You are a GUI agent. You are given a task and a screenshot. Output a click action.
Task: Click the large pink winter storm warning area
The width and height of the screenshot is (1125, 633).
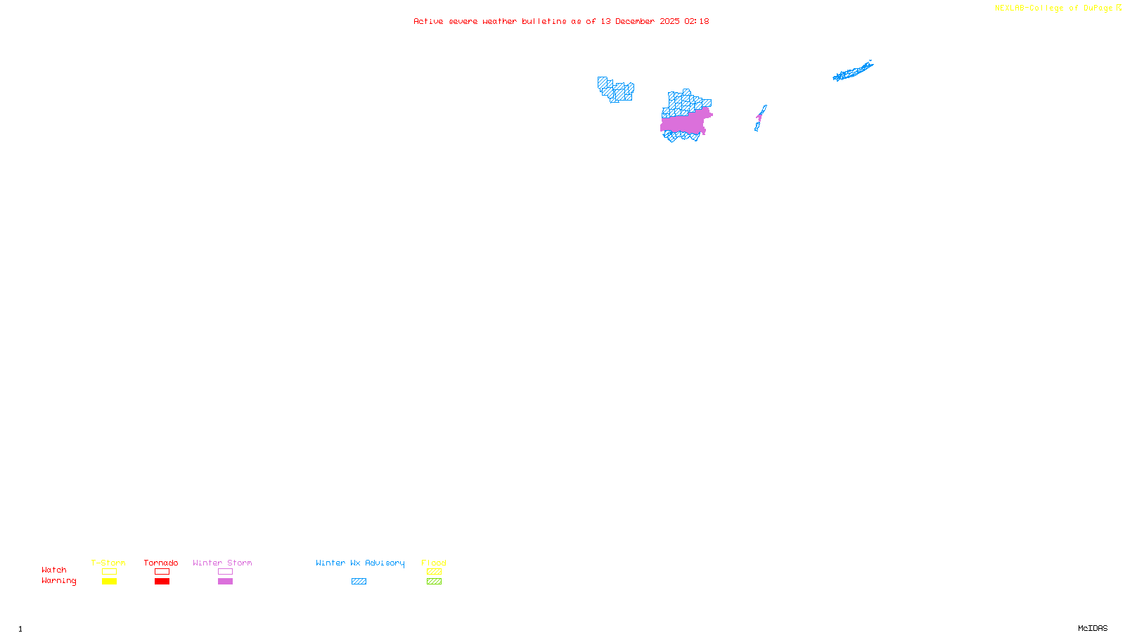[683, 124]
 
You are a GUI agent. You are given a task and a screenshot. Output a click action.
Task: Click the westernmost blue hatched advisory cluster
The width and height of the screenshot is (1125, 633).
[615, 90]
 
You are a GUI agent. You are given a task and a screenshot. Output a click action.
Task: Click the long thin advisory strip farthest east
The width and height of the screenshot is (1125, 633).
[853, 71]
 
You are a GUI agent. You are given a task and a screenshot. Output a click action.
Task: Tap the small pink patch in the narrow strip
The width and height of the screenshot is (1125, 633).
[759, 116]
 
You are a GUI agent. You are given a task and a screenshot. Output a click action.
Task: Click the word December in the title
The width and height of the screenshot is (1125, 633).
[635, 21]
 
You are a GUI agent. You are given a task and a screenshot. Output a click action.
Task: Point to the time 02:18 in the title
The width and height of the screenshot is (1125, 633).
[696, 21]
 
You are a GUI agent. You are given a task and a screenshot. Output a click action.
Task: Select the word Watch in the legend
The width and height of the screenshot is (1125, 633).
[54, 570]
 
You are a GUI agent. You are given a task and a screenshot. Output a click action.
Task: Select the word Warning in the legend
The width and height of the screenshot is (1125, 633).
[58, 581]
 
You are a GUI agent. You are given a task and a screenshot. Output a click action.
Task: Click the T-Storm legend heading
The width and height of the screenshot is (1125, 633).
[108, 563]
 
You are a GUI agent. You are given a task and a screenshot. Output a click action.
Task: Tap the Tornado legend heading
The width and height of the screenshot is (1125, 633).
[161, 563]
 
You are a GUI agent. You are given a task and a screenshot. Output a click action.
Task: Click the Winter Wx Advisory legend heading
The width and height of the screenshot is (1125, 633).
[360, 563]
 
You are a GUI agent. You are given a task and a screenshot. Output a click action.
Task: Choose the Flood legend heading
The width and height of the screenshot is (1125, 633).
[434, 563]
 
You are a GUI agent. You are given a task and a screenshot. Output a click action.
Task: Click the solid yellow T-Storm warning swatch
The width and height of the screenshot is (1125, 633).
[109, 582]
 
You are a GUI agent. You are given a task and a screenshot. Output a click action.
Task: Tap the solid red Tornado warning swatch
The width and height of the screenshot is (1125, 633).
[162, 582]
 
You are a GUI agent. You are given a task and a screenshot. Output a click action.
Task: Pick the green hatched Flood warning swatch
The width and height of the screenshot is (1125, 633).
[434, 582]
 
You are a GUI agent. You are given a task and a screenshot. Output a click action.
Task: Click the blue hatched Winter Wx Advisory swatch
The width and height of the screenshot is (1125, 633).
[359, 582]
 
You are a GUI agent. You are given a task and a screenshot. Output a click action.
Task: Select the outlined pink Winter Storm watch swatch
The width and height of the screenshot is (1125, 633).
[225, 572]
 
